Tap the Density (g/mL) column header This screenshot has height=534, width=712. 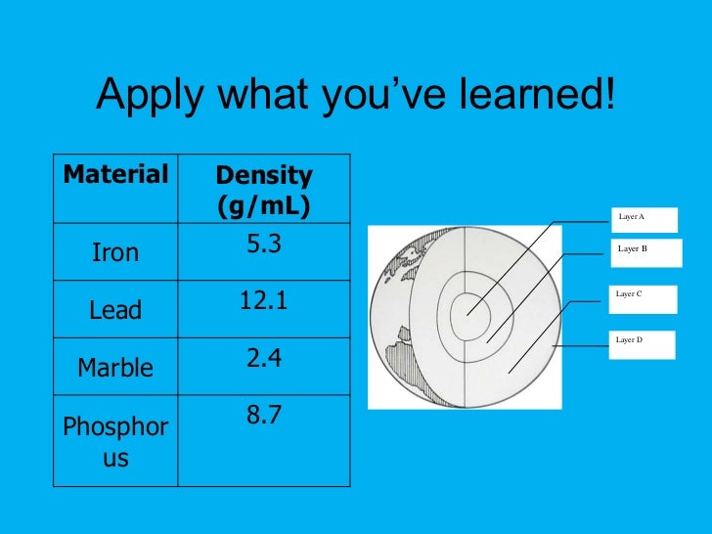[x=263, y=191]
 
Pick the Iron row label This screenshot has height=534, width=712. [x=115, y=253]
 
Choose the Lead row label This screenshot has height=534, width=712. [x=115, y=311]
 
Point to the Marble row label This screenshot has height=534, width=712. [x=115, y=368]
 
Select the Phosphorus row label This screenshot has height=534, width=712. [x=115, y=441]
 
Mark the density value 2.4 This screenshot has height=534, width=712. [x=263, y=359]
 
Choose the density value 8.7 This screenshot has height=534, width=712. [x=263, y=416]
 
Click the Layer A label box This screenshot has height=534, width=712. [x=643, y=219]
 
